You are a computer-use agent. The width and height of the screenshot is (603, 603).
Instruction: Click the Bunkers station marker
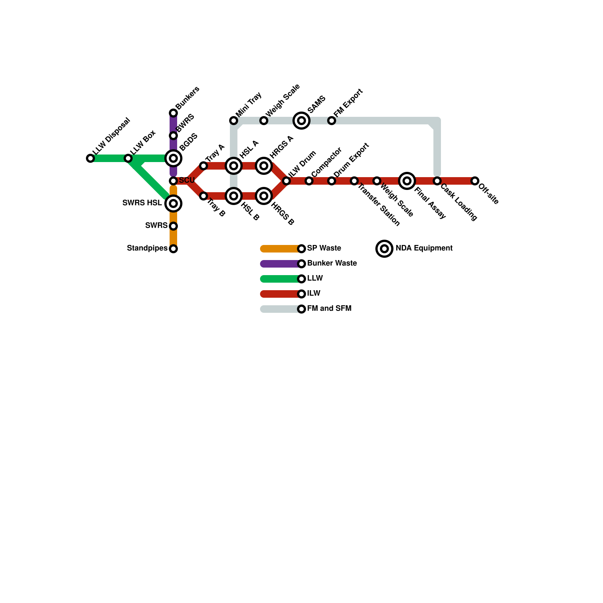point(173,113)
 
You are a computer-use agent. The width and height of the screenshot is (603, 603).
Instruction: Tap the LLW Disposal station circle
point(90,158)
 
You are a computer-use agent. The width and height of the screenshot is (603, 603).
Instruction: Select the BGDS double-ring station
point(173,158)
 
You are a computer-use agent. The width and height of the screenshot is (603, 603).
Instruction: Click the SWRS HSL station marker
point(173,204)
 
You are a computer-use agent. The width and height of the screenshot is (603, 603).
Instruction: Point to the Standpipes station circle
point(173,249)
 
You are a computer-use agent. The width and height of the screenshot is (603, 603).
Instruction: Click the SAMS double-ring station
point(301,121)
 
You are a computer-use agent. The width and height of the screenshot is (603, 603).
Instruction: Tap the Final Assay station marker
point(407,181)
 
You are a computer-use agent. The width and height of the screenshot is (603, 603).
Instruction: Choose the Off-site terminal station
point(475,181)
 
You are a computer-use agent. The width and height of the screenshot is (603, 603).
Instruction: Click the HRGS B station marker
point(264,196)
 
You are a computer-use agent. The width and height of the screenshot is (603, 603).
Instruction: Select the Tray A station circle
point(204,166)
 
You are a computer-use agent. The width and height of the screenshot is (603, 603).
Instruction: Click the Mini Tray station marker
point(234,121)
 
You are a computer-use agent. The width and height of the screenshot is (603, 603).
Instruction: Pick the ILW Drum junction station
point(286,181)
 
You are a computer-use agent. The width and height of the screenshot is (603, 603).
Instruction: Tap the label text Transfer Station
point(378,205)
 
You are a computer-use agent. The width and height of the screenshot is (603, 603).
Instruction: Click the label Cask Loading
point(459,202)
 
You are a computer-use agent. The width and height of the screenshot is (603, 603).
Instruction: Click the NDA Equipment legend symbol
point(384,249)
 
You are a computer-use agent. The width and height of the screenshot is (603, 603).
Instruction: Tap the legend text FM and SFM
point(329,309)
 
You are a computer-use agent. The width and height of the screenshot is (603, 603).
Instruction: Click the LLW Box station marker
point(128,158)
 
